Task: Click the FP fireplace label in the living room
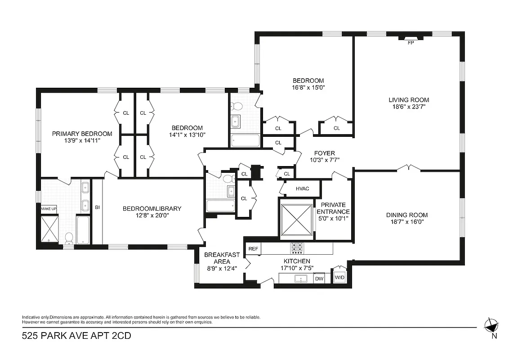click(x=410, y=43)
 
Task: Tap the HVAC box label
click(x=302, y=189)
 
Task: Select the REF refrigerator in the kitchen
click(x=253, y=249)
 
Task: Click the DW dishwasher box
click(x=319, y=279)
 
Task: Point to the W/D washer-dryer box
click(x=339, y=277)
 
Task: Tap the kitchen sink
click(x=298, y=279)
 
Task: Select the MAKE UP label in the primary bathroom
click(x=49, y=209)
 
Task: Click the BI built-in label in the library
click(x=97, y=207)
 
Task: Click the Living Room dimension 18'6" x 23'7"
click(x=409, y=107)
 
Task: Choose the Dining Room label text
click(x=406, y=215)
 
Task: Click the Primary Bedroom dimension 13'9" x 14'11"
click(x=82, y=140)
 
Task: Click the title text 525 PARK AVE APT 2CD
click(x=77, y=336)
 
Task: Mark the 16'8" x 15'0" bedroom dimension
click(x=308, y=88)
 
